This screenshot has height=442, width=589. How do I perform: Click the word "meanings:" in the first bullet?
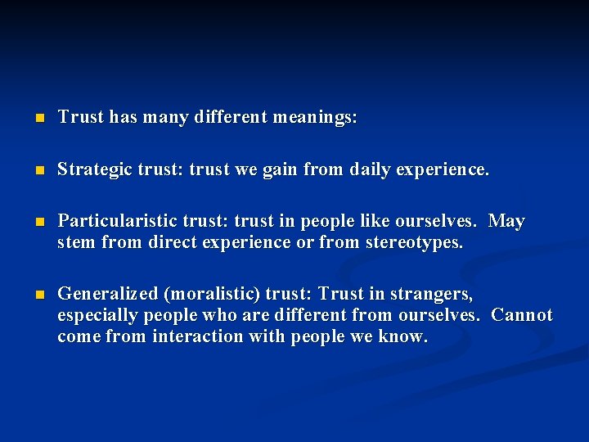tap(317, 118)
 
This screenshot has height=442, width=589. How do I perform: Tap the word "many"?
tap(166, 118)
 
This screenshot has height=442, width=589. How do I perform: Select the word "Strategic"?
tap(91, 170)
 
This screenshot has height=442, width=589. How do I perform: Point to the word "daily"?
tap(374, 170)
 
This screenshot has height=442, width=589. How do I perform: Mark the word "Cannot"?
tap(521, 315)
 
